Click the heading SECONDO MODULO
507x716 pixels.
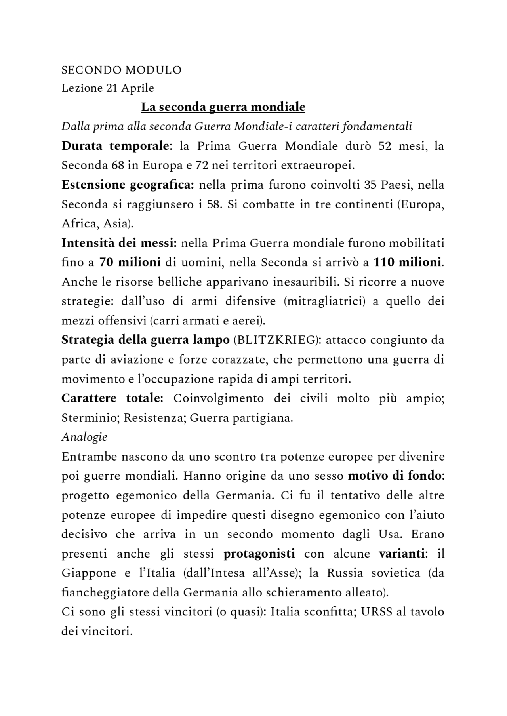pyautogui.click(x=121, y=70)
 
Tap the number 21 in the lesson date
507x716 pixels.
pyautogui.click(x=112, y=88)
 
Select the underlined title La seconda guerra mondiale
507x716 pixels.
pyautogui.click(x=223, y=107)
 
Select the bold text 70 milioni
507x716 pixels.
pyautogui.click(x=130, y=262)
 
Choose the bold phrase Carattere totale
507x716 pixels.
pyautogui.click(x=112, y=398)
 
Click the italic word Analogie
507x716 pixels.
pyautogui.click(x=84, y=437)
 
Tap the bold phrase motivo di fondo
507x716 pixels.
pyautogui.click(x=394, y=476)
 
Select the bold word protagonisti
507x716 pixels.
pyautogui.click(x=259, y=554)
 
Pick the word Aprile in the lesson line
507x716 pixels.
pyautogui.click(x=137, y=88)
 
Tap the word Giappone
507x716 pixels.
pyautogui.click(x=89, y=573)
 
